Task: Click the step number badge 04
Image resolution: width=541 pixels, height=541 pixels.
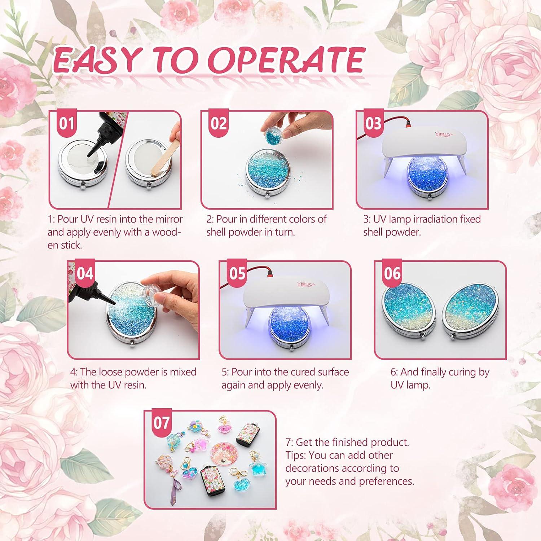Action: [x=85, y=273]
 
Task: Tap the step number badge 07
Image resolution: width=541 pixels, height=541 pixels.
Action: [x=161, y=423]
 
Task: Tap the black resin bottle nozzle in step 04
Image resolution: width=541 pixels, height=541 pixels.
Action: [x=103, y=300]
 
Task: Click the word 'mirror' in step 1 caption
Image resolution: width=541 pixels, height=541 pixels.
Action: [x=170, y=219]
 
